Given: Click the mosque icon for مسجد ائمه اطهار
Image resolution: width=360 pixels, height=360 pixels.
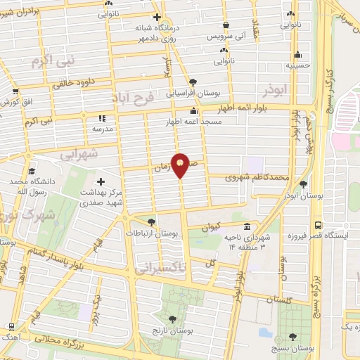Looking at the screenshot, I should (x=193, y=110).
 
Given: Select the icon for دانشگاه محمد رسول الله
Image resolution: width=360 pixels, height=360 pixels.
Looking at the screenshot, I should (x=32, y=171).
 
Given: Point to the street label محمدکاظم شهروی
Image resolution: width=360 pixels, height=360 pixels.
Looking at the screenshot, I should (x=257, y=178).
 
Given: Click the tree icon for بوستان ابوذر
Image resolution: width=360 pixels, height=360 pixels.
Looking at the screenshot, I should (x=303, y=185).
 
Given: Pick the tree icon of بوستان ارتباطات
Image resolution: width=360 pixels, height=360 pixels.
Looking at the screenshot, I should (x=152, y=221).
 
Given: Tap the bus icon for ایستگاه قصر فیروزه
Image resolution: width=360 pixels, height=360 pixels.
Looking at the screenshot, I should (x=319, y=226).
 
